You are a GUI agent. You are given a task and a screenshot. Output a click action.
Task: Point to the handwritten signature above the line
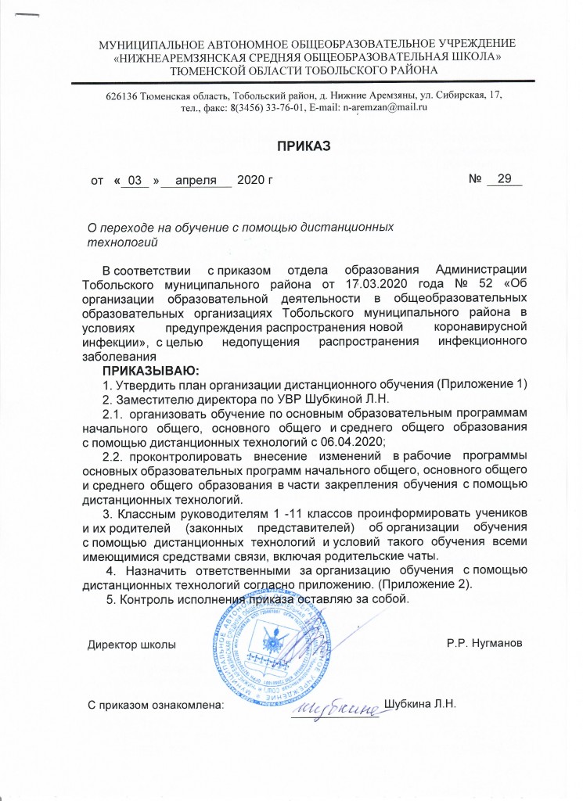coord(335,706)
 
